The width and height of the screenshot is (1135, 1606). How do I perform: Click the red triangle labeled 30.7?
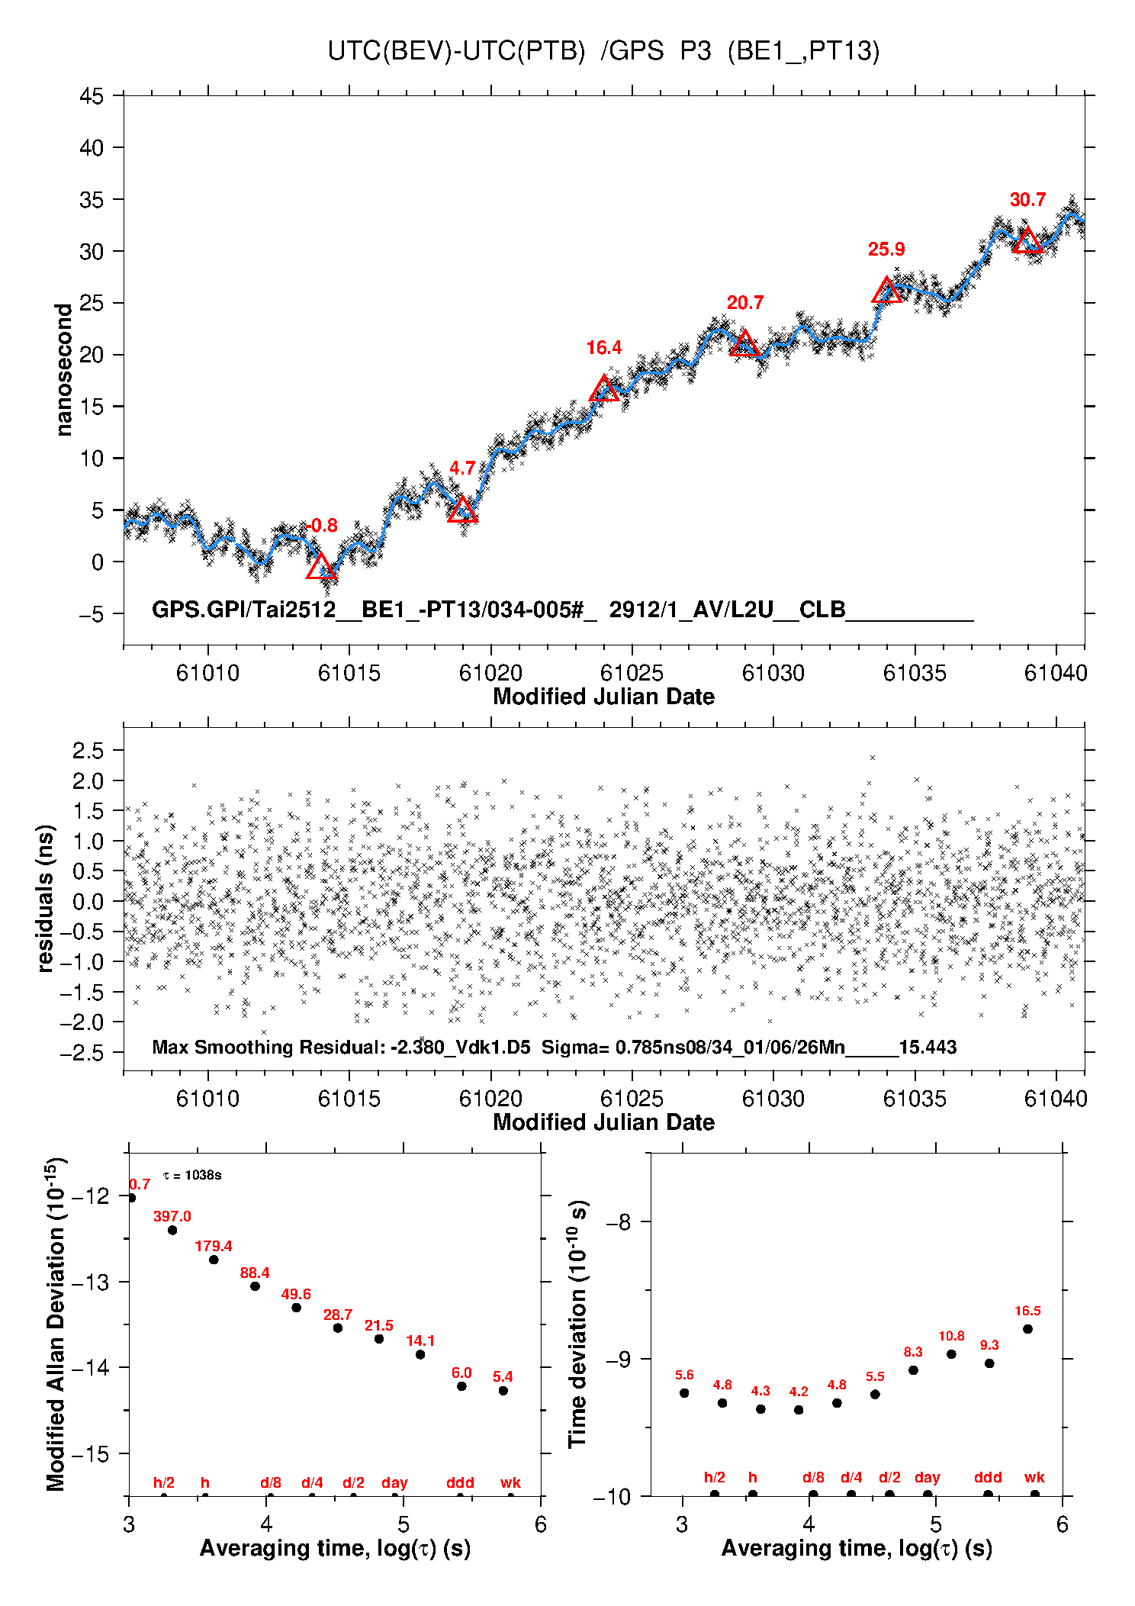click(1027, 241)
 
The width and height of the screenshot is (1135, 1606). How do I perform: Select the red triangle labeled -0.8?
click(321, 567)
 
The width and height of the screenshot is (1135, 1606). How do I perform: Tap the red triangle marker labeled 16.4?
click(604, 390)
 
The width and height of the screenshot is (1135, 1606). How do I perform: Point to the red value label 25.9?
click(886, 249)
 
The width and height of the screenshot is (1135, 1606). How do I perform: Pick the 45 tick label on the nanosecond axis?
click(92, 96)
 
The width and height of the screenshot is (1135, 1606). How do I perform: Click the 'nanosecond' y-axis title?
click(63, 369)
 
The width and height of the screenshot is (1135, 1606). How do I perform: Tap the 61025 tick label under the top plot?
click(632, 674)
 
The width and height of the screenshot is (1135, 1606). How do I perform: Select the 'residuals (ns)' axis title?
click(46, 898)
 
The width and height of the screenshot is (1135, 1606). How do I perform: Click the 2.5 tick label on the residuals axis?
click(88, 751)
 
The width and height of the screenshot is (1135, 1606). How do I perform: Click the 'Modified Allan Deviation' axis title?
click(56, 1324)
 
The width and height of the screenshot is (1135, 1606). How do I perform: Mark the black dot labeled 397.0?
click(172, 1230)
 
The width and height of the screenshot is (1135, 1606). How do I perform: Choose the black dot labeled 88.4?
click(255, 1286)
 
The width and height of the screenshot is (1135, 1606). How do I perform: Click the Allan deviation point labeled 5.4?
click(503, 1390)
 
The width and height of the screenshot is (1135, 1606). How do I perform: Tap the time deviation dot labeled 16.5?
click(1027, 1328)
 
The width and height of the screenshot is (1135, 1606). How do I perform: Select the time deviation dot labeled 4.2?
click(799, 1409)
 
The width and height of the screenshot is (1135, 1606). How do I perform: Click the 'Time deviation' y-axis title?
click(577, 1324)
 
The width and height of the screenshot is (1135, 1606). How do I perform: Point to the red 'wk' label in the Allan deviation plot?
click(510, 1482)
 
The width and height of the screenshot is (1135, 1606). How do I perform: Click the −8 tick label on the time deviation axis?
click(619, 1221)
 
